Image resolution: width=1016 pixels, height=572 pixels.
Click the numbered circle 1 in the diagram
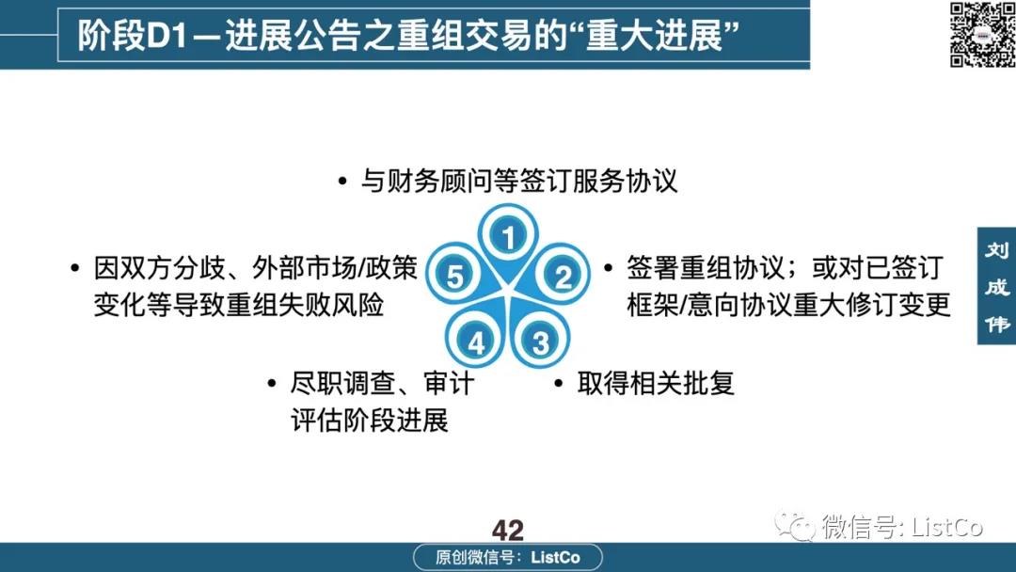509,236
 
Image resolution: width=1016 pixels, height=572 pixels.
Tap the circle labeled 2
563,276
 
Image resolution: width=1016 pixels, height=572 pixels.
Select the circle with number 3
540,342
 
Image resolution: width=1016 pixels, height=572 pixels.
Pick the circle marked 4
476,342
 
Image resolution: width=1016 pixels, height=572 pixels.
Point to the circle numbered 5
455,276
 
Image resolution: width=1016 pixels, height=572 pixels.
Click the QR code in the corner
982,34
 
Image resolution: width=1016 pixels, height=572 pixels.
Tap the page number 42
507,531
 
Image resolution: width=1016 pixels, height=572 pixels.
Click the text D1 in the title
167,36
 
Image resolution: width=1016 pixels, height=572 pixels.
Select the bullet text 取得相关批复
656,383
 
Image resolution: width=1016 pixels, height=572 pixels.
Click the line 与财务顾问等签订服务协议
519,181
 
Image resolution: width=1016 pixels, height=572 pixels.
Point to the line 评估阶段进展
370,421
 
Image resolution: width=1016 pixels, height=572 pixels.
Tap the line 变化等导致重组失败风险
239,305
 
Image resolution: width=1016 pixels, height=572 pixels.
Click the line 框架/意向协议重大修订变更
788,305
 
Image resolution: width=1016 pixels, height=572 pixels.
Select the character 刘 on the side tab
996,250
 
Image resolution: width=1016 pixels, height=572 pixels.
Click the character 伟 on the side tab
996,324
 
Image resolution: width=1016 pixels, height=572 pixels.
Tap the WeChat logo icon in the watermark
795,525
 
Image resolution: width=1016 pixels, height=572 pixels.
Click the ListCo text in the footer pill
555,557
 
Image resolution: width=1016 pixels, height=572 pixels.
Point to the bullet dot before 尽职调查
272,384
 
